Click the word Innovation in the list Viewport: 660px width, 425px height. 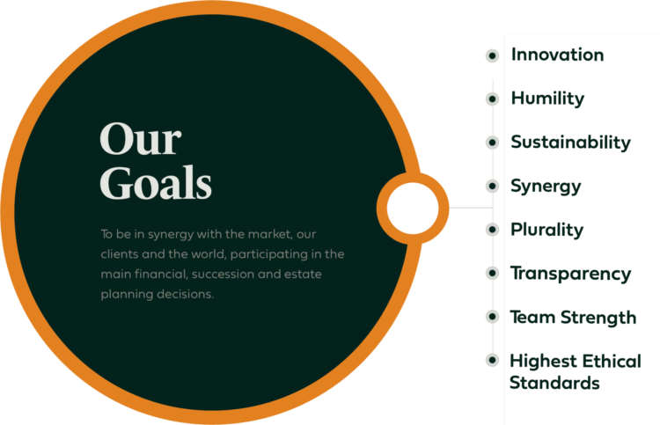(x=557, y=55)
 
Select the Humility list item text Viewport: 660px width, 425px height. (x=547, y=99)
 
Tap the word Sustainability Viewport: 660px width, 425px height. (x=571, y=143)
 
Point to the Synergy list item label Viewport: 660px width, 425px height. (x=546, y=187)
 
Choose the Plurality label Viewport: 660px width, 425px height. (x=547, y=231)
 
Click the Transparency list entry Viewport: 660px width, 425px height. (x=571, y=274)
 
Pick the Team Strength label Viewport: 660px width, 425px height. (x=573, y=318)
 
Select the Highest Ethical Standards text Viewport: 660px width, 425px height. (x=576, y=372)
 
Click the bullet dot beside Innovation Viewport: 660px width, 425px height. (x=492, y=55)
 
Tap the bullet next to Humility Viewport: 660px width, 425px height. (x=492, y=99)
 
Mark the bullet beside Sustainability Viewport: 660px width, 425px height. (x=492, y=143)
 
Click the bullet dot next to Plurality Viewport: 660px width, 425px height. (x=492, y=230)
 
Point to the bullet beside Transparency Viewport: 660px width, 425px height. (x=492, y=273)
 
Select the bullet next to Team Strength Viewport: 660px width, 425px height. (x=492, y=317)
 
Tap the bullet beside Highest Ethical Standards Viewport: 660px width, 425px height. (x=492, y=360)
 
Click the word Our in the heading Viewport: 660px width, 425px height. (x=141, y=139)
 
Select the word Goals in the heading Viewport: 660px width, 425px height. (x=156, y=183)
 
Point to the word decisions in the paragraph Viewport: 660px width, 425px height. (x=185, y=294)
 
